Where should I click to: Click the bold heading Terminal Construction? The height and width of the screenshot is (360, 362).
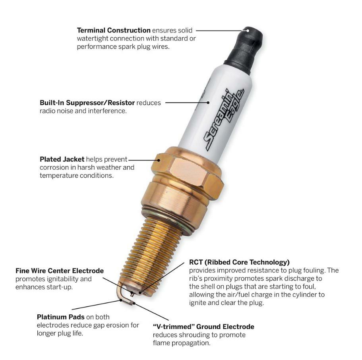coord(114,30)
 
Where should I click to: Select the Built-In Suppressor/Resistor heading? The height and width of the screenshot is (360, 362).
coord(87,103)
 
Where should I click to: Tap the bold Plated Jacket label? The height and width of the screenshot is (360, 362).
coord(62,159)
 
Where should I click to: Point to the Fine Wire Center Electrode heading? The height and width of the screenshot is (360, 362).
coord(60,271)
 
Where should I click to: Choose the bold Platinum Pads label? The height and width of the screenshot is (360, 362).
coord(60,317)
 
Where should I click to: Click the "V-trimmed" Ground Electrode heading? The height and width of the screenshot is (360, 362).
coord(203,327)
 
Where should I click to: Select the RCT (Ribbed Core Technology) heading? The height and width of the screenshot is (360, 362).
coord(239,262)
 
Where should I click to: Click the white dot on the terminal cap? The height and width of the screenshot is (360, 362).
coord(248,30)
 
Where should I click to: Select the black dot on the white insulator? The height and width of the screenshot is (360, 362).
coord(208,103)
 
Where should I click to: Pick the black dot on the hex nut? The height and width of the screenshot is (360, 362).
coord(159,160)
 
